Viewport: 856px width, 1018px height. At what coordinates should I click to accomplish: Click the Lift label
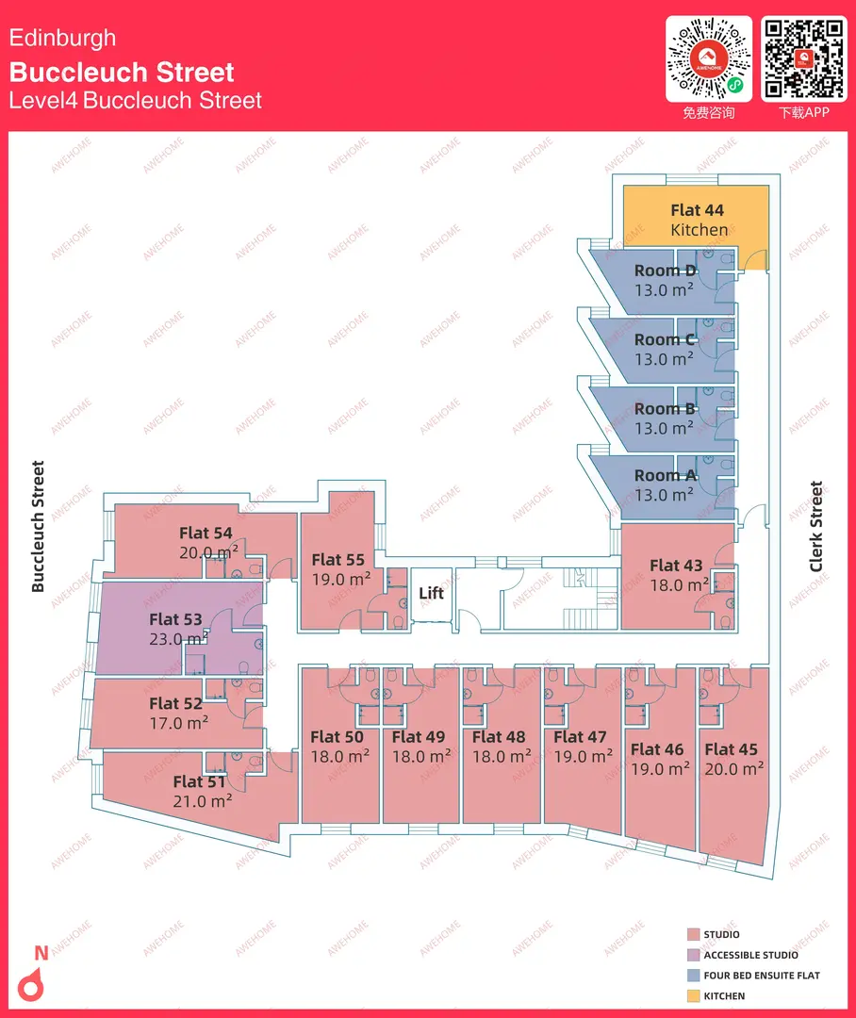pyautogui.click(x=431, y=593)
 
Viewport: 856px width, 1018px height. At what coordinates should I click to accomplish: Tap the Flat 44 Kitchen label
pyautogui.click(x=699, y=220)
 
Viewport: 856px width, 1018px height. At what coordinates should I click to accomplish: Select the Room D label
pyautogui.click(x=665, y=271)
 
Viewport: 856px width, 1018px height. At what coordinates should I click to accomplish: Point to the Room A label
pyautogui.click(x=665, y=476)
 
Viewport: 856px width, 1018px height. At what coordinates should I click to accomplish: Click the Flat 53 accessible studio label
pyautogui.click(x=175, y=619)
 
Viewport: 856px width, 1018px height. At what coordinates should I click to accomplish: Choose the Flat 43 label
pyautogui.click(x=676, y=566)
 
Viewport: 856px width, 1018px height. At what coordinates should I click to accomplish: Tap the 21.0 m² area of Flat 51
pyautogui.click(x=203, y=801)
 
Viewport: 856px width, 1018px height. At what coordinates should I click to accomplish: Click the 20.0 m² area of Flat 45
pyautogui.click(x=733, y=769)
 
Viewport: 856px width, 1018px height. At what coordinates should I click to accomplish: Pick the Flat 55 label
pyautogui.click(x=337, y=560)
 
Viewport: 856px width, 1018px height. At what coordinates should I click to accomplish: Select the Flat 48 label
pyautogui.click(x=499, y=737)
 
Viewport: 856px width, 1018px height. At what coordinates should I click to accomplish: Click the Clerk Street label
pyautogui.click(x=815, y=527)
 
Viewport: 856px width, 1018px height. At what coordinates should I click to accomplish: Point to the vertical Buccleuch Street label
pyautogui.click(x=39, y=527)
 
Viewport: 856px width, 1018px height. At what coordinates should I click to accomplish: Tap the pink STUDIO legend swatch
pyautogui.click(x=694, y=934)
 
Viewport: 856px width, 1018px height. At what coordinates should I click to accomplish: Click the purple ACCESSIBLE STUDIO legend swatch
pyautogui.click(x=694, y=955)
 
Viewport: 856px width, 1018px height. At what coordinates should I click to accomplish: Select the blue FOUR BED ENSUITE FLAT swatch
pyautogui.click(x=694, y=976)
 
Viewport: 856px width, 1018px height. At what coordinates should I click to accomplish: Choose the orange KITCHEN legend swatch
pyautogui.click(x=694, y=996)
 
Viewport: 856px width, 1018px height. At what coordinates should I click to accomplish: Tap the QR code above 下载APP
pyautogui.click(x=804, y=58)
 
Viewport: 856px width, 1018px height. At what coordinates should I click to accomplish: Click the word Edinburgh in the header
pyautogui.click(x=62, y=39)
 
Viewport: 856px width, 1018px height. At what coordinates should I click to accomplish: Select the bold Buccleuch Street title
pyautogui.click(x=122, y=72)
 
